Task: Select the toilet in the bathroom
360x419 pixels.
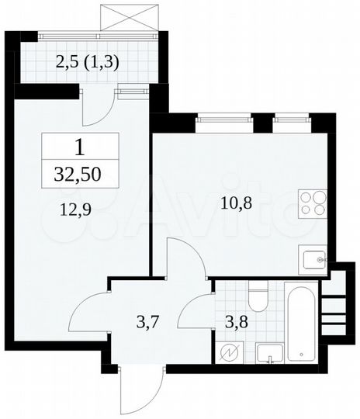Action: [x=258, y=299]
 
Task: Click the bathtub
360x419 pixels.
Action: [x=303, y=324]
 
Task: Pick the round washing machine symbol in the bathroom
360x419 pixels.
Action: [x=230, y=353]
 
